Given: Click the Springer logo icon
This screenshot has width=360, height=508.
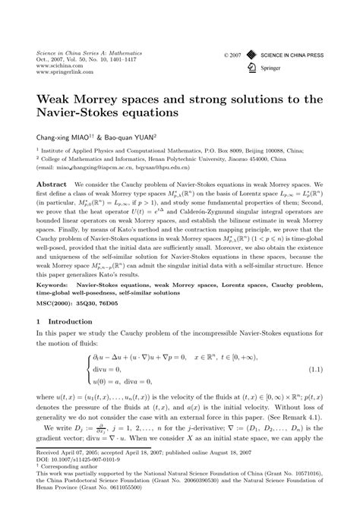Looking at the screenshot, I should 252,67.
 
